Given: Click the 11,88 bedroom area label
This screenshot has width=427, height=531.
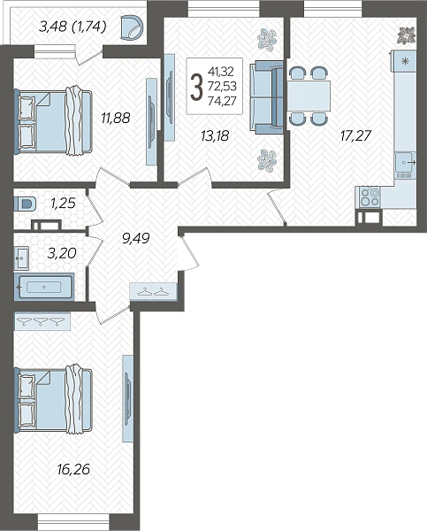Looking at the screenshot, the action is tap(116, 119).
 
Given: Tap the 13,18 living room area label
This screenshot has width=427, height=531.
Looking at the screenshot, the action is tap(215, 136).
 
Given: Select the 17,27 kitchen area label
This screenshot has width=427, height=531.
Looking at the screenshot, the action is tap(355, 135).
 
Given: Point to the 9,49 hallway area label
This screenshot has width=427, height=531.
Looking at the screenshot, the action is tap(135, 238).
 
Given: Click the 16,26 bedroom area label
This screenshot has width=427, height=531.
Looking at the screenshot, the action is tap(73, 469).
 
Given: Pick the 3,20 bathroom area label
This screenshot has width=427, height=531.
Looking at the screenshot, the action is tap(62, 253).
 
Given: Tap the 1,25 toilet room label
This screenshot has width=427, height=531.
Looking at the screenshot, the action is tap(63, 204).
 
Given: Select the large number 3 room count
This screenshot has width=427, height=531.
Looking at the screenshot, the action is tap(196, 87).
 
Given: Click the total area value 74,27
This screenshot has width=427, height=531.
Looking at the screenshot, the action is tap(222, 101).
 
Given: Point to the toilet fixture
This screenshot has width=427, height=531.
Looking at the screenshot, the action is tap(25, 204).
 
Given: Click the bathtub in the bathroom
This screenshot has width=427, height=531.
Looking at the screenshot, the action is tap(44, 287).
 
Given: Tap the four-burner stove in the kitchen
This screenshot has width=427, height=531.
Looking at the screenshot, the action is tap(370, 197).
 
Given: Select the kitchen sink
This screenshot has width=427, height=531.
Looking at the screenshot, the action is tap(405, 163).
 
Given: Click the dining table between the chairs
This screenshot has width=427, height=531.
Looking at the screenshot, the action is tap(309, 96).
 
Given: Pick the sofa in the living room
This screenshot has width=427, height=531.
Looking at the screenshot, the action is tap(266, 97).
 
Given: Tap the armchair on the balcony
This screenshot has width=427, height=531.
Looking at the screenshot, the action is tap(132, 27).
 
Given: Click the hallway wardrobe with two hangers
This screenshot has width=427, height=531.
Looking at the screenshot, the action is tap(154, 291).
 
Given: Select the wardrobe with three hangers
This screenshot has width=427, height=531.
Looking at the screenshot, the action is tap(42, 321).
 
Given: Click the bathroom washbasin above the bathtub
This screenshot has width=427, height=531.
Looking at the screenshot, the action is tap(21, 258).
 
